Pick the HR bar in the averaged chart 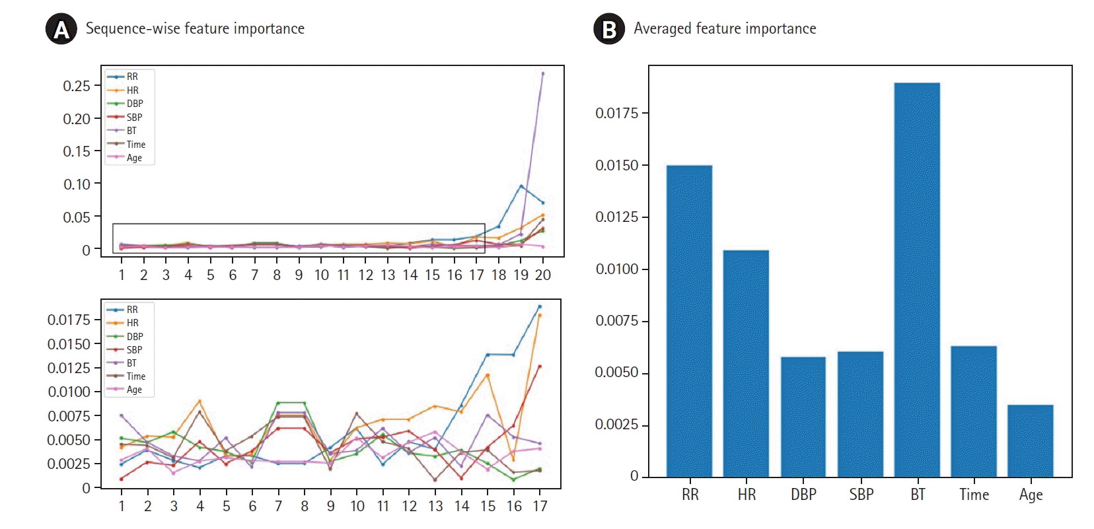(x=746, y=363)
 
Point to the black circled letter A (x=61, y=30)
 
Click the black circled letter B (x=609, y=30)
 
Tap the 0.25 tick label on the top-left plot (x=77, y=86)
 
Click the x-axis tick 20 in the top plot (x=542, y=275)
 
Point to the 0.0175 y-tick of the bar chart (x=617, y=114)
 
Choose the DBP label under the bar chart (x=803, y=495)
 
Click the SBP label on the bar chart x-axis (x=861, y=495)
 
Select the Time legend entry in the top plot (x=135, y=144)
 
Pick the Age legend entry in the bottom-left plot (x=134, y=390)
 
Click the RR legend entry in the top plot (x=132, y=77)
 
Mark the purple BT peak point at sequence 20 (x=543, y=73)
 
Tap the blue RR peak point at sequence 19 (x=521, y=186)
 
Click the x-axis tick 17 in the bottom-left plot (x=540, y=506)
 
